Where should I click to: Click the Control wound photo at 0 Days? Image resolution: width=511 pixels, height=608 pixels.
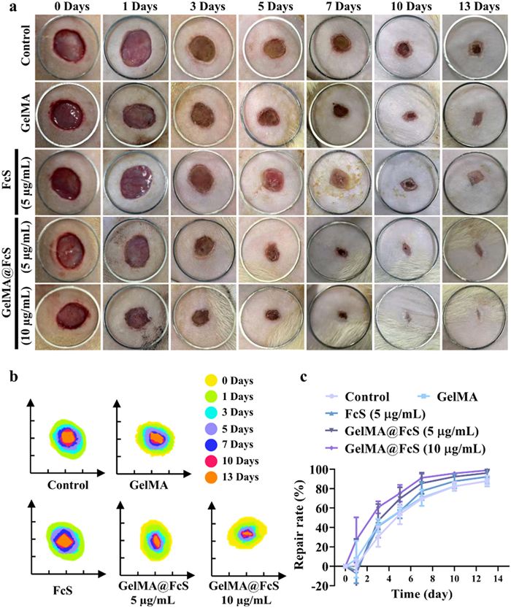click(x=71, y=46)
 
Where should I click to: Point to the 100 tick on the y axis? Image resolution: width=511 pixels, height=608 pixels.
click(x=334, y=469)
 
